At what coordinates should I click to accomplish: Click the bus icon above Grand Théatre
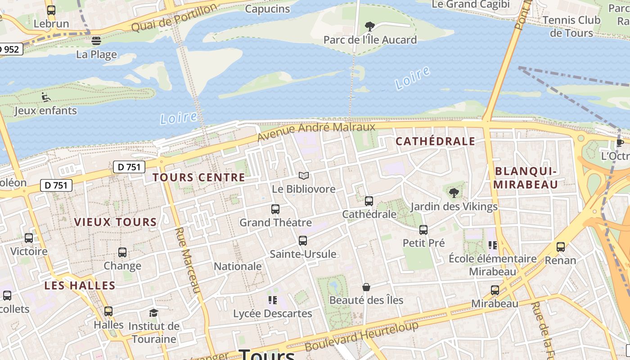pos(275,209)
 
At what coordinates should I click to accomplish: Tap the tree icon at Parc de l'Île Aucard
pos(370,26)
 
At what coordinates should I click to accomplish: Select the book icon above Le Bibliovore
pos(304,175)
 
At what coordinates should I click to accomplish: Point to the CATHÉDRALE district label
pos(435,141)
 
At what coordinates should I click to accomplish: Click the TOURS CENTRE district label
pos(199,177)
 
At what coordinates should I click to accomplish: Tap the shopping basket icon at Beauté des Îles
pos(366,287)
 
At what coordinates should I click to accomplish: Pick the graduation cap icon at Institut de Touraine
pos(154,313)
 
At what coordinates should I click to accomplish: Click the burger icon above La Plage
pos(96,41)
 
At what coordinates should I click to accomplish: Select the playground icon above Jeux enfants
pos(45,97)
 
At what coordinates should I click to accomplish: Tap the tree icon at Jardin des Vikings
pos(454,193)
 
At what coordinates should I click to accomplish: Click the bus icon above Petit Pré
pos(423,230)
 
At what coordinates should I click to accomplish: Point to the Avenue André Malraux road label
pos(316,131)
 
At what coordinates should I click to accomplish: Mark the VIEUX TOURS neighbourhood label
pos(115,222)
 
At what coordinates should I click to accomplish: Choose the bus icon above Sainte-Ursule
pos(303,241)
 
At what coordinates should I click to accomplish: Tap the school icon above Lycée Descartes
pos(272,300)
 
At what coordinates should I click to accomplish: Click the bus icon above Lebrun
pos(51,10)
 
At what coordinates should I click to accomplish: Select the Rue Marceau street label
pos(187,260)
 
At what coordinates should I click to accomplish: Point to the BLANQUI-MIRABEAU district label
pos(526,178)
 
